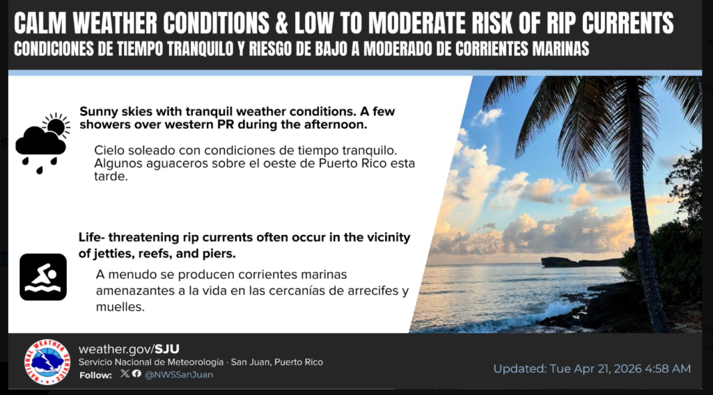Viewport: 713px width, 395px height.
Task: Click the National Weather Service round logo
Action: (47, 362)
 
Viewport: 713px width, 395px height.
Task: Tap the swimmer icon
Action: (43, 277)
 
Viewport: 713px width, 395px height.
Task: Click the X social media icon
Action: (125, 373)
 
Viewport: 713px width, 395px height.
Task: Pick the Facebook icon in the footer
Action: (136, 373)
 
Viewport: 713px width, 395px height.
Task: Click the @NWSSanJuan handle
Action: (179, 375)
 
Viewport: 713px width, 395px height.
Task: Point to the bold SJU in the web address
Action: (167, 349)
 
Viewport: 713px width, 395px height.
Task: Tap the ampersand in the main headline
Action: (282, 23)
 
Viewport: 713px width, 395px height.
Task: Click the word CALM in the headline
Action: (40, 23)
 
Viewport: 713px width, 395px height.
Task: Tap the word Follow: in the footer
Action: (95, 376)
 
